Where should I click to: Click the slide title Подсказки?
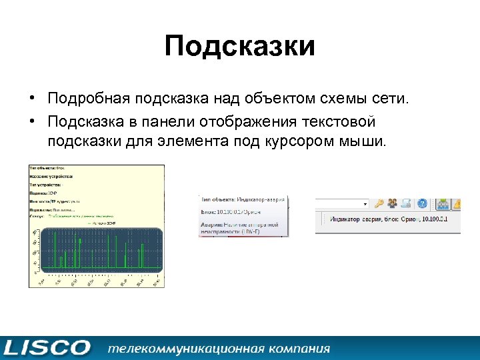239,47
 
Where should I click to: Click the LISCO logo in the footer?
47,347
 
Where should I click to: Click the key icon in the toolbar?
379,203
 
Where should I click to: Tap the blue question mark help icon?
422,203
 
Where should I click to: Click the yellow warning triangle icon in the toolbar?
457,203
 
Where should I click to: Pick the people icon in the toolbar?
393,203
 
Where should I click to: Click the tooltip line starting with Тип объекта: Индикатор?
243,199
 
